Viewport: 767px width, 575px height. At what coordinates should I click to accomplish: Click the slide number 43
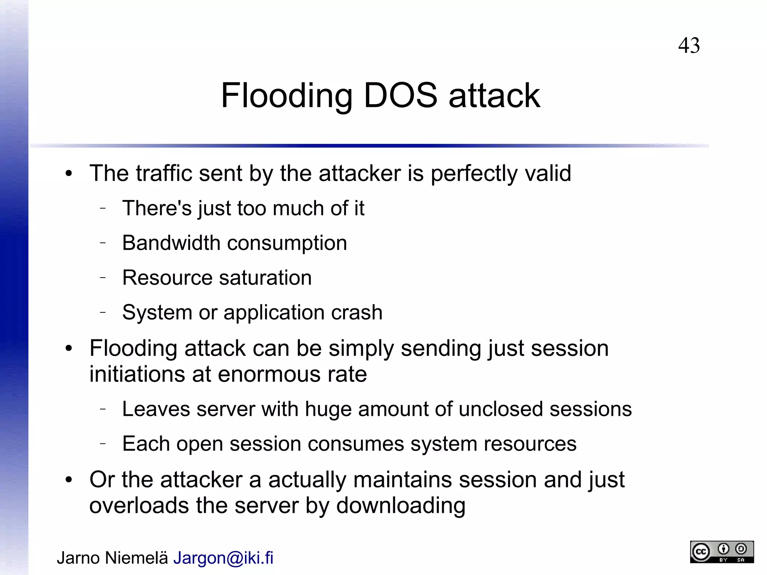pyautogui.click(x=689, y=46)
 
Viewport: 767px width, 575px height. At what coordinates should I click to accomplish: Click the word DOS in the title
pyautogui.click(x=400, y=96)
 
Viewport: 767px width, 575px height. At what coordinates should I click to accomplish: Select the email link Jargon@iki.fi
pyautogui.click(x=223, y=558)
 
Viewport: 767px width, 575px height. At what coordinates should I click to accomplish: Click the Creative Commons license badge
pyautogui.click(x=722, y=552)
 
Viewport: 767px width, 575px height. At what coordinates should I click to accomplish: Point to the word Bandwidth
pyautogui.click(x=171, y=243)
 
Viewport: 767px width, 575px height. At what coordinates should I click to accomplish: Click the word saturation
pyautogui.click(x=265, y=278)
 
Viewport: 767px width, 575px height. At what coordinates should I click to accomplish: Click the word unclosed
pyautogui.click(x=500, y=409)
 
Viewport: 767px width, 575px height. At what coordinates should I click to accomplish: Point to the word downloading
pyautogui.click(x=401, y=506)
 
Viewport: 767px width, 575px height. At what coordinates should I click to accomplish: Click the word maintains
pyautogui.click(x=403, y=480)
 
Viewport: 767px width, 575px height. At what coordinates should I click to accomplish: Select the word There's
pyautogui.click(x=157, y=208)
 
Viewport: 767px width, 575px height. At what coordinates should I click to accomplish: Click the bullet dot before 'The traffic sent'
pyautogui.click(x=68, y=174)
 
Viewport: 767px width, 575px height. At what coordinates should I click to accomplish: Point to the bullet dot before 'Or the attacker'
pyautogui.click(x=68, y=480)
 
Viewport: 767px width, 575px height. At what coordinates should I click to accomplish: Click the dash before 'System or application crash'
pyautogui.click(x=103, y=312)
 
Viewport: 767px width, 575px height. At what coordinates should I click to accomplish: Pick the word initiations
pyautogui.click(x=137, y=374)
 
